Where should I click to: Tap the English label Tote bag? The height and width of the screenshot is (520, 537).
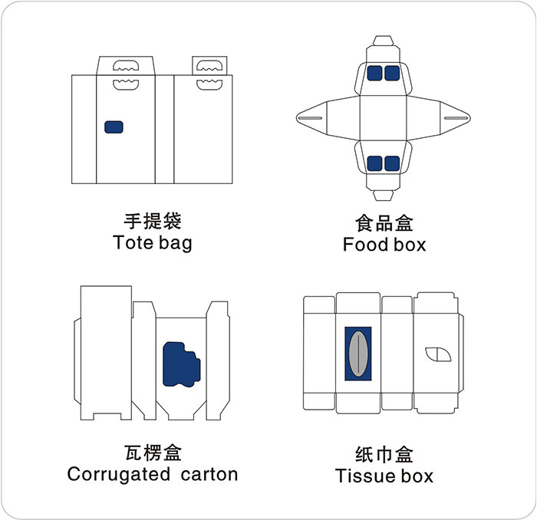(x=152, y=243)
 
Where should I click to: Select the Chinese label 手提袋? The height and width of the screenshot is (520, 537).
(x=152, y=222)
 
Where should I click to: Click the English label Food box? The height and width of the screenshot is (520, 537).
(x=384, y=245)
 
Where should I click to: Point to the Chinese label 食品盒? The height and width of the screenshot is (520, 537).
(x=384, y=223)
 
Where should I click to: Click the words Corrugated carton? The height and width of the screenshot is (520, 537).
(x=153, y=474)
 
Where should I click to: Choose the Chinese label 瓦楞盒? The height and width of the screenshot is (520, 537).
(x=153, y=453)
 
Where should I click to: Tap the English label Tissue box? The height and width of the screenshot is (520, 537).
(x=384, y=476)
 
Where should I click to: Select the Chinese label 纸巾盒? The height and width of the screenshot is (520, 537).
(x=384, y=454)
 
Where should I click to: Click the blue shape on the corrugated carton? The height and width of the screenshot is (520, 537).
(x=180, y=364)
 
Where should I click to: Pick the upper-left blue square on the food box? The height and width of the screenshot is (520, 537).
(x=375, y=73)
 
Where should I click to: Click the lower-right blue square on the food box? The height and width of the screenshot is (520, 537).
(x=392, y=163)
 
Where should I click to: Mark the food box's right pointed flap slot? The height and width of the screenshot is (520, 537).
(x=454, y=117)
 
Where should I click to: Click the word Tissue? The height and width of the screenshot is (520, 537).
(x=361, y=476)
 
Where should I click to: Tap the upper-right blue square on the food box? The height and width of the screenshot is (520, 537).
(x=392, y=73)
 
